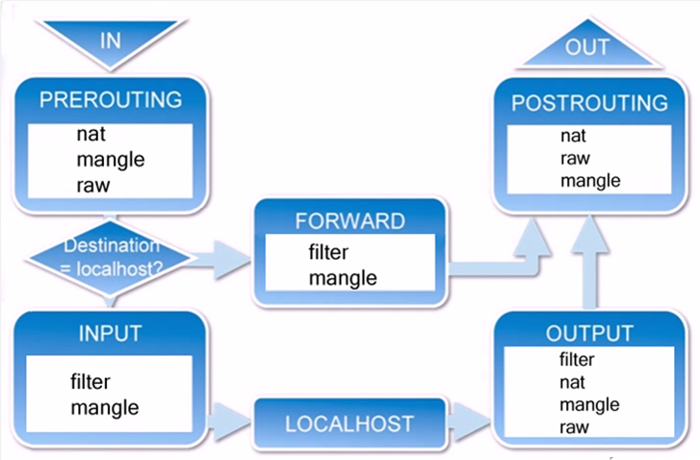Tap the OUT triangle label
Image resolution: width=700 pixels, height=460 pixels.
click(586, 48)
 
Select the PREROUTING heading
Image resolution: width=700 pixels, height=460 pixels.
click(110, 99)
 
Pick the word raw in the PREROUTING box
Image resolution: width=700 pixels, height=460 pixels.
click(92, 184)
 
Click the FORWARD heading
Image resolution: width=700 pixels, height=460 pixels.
click(350, 221)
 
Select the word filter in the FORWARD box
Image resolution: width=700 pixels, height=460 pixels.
click(328, 253)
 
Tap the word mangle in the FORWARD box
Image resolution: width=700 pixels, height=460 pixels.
click(343, 278)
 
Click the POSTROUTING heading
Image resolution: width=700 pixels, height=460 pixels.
click(589, 103)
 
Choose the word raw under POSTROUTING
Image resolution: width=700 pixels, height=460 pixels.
click(575, 159)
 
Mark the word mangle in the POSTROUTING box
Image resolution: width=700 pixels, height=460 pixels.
click(589, 181)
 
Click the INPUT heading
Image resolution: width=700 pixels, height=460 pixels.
click(110, 334)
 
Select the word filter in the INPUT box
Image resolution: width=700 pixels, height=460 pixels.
click(91, 382)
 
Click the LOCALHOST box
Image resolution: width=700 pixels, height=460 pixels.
click(350, 423)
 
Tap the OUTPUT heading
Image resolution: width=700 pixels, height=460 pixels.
click(589, 334)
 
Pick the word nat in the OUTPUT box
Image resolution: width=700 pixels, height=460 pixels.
click(572, 382)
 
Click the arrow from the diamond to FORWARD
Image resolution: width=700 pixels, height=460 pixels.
click(221, 258)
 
